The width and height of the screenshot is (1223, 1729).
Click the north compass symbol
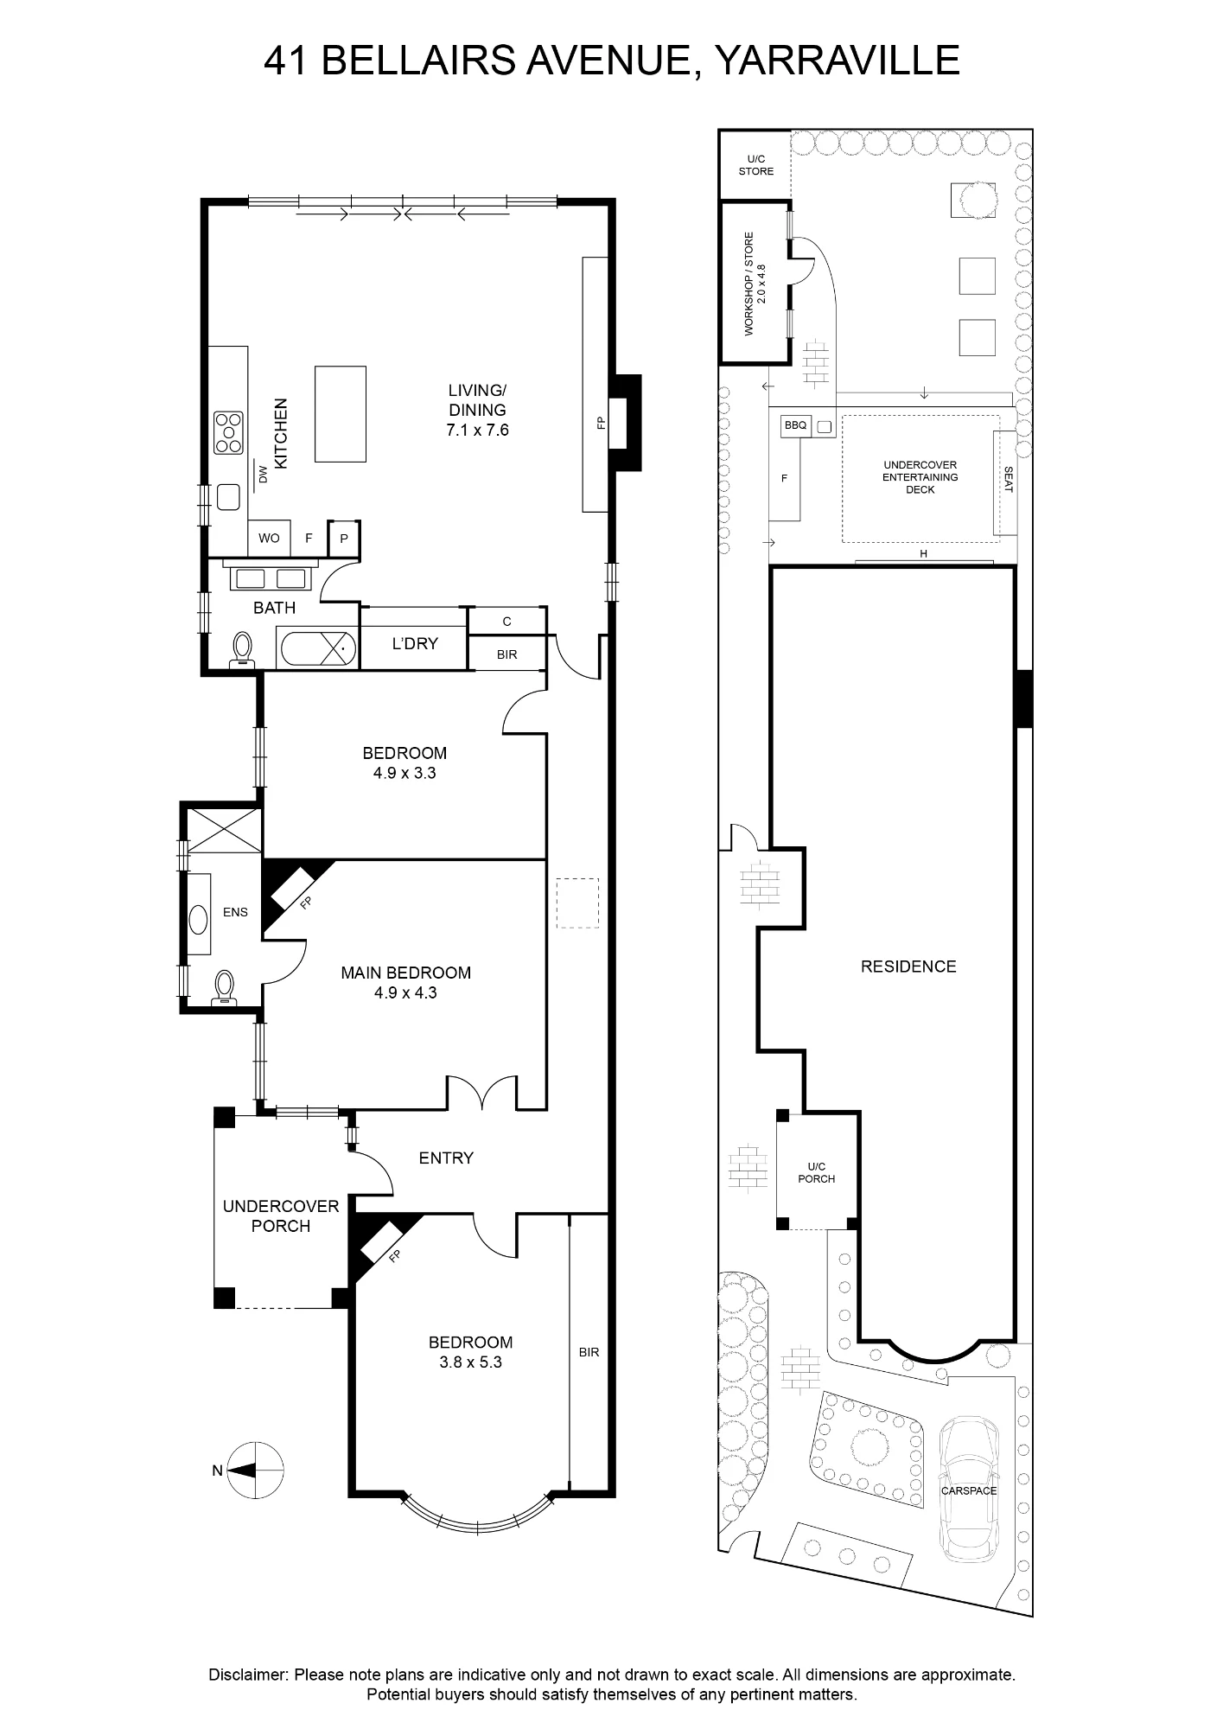[x=256, y=1470]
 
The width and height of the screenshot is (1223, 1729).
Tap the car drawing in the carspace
[x=969, y=1490]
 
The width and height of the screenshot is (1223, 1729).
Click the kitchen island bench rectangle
[x=340, y=414]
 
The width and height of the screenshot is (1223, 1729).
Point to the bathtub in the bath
[x=316, y=647]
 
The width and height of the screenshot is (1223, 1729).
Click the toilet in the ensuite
[x=225, y=986]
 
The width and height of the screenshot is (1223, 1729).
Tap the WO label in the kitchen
[x=269, y=538]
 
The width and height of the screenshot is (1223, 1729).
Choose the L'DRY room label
[x=415, y=643]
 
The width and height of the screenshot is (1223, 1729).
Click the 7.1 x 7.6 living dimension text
[x=477, y=430]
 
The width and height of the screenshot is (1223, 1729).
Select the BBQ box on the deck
[x=795, y=425]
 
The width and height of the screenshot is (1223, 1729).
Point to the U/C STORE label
[x=756, y=165]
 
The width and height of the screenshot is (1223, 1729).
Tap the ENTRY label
[x=446, y=1158]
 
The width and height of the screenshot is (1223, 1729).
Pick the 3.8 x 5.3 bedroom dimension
[x=471, y=1362]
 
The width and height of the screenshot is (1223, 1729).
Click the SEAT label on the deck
[x=1008, y=480]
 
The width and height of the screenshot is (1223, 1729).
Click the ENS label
[x=235, y=912]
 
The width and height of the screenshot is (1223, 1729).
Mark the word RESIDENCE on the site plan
[x=908, y=967]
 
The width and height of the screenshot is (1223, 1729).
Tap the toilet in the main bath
[x=243, y=649]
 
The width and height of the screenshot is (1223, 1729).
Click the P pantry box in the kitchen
[x=344, y=539]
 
